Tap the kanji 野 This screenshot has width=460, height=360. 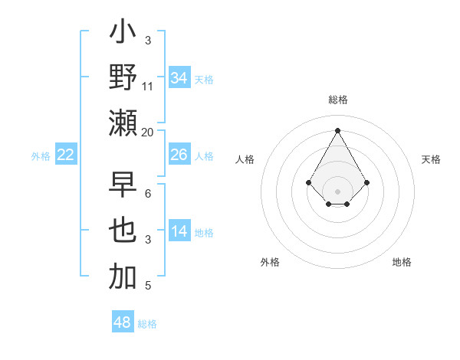(x=123, y=77)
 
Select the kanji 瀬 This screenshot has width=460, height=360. (x=123, y=123)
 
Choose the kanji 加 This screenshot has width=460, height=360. (x=123, y=276)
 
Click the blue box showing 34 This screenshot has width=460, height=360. (x=179, y=78)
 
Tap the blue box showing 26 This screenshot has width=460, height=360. (x=179, y=155)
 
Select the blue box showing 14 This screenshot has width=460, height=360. (x=179, y=232)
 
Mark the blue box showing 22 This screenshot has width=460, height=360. (x=66, y=155)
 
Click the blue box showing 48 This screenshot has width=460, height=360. (x=123, y=322)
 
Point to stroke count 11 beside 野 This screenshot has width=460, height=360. (x=148, y=87)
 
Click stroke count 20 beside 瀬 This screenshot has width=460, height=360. (x=148, y=132)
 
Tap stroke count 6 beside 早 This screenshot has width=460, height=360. (x=148, y=194)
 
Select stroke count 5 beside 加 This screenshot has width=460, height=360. (x=148, y=286)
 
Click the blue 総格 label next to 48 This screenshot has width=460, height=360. (x=147, y=324)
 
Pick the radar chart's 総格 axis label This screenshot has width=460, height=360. (x=337, y=100)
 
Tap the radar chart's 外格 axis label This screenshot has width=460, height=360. (x=270, y=262)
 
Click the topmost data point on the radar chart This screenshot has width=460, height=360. (x=337, y=129)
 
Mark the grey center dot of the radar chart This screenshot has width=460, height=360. (x=337, y=191)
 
